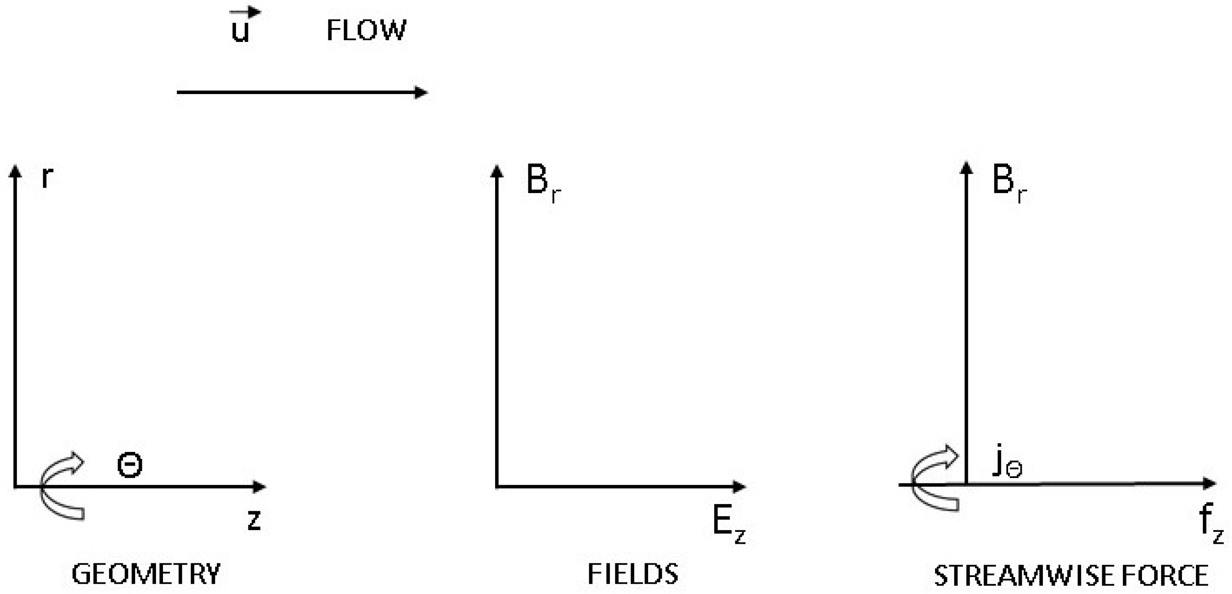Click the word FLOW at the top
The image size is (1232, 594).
(366, 30)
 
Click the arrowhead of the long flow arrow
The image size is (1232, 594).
(421, 92)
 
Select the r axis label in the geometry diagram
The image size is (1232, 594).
(46, 177)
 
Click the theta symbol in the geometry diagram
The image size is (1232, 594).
(130, 465)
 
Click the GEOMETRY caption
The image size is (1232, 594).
(146, 574)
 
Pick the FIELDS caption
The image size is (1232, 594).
(632, 574)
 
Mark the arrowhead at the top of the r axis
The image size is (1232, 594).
(15, 171)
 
